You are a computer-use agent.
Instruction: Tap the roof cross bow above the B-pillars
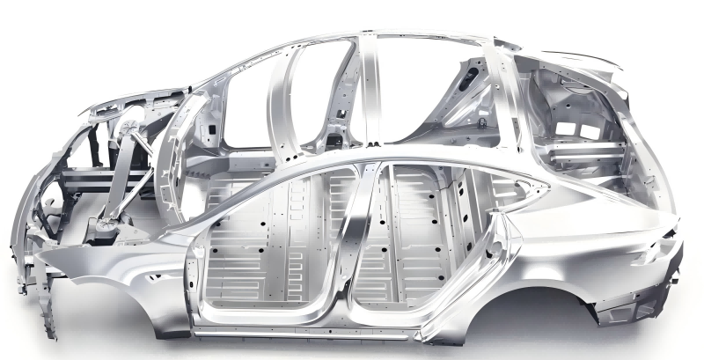pos(370,40)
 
